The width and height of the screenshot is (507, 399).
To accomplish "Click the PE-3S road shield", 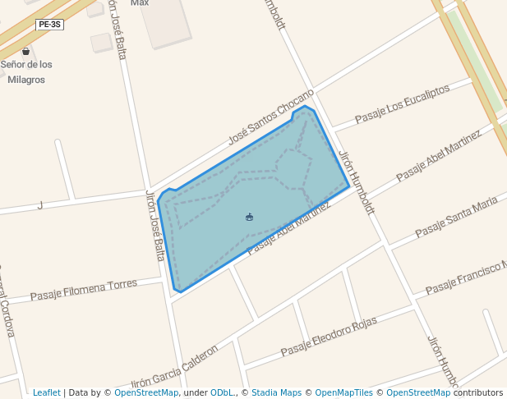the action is (50, 25).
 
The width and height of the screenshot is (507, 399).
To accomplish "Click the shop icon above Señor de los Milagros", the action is (25, 51).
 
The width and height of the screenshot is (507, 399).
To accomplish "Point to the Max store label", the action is (140, 3).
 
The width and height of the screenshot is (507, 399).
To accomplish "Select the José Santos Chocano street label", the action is (271, 117).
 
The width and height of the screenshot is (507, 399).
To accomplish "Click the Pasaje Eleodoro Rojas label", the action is (328, 337).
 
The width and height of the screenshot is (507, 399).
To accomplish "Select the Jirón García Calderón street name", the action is (175, 367).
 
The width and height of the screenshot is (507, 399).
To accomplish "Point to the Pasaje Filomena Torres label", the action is (84, 290).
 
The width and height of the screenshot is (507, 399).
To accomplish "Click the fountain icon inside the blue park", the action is (249, 217).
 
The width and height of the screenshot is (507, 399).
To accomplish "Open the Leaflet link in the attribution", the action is (46, 392).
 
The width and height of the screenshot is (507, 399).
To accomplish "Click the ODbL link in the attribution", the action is (222, 392).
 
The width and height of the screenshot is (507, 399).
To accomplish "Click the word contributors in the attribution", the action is (478, 392).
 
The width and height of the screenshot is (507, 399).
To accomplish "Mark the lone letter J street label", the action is (39, 205).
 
